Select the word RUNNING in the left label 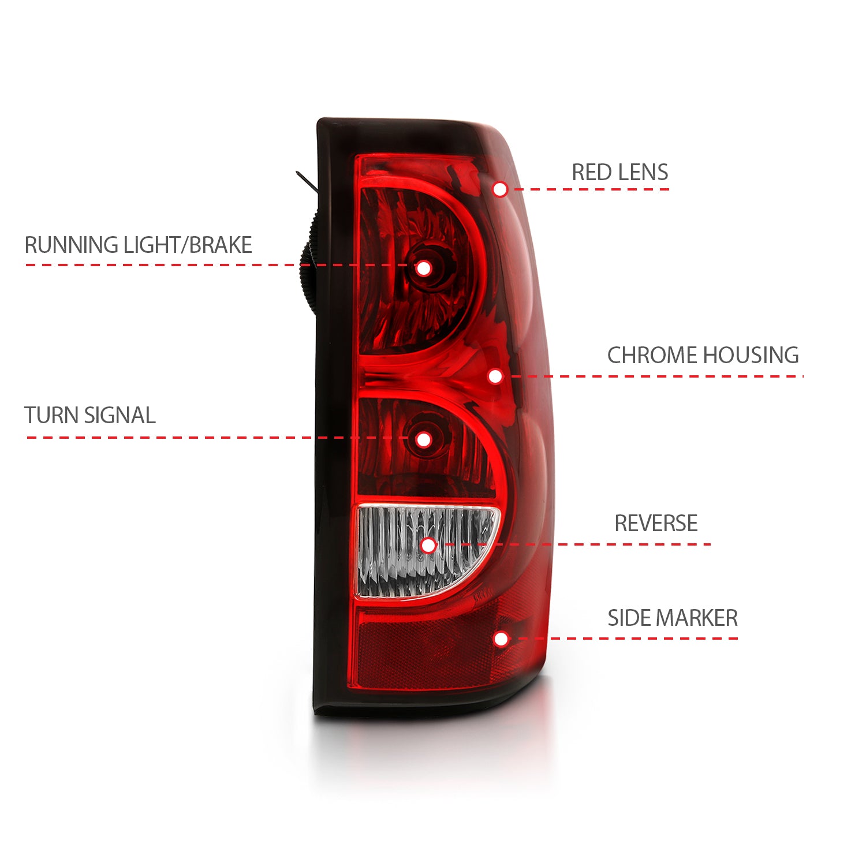click(72, 245)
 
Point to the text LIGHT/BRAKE click(188, 245)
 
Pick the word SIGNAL click(120, 416)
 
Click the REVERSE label click(656, 523)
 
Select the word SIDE click(629, 618)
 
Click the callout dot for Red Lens click(500, 189)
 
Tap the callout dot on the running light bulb click(424, 268)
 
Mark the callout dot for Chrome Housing click(495, 376)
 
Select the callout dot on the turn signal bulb click(424, 439)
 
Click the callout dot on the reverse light click(428, 544)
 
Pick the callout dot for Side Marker click(501, 639)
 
